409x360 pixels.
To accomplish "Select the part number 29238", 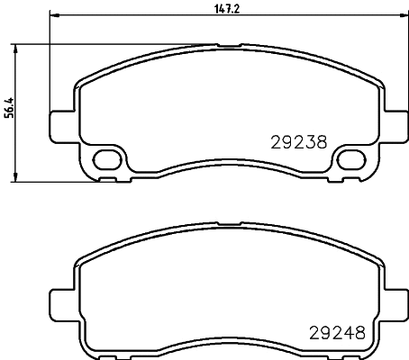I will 298,141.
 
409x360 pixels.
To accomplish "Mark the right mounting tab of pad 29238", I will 393,122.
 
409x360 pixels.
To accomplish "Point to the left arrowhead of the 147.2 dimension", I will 52,15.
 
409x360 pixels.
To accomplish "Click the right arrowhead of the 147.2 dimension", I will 402,15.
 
